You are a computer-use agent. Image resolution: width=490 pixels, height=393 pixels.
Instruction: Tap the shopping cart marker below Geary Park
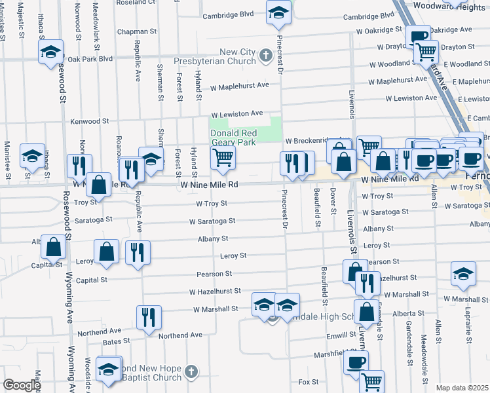pos(223,158)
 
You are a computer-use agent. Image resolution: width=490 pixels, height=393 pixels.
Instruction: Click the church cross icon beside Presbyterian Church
pos(266,56)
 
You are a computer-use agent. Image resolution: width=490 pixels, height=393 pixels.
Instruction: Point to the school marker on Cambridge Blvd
pos(279,12)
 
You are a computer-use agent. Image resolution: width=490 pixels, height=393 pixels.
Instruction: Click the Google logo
pos(22,385)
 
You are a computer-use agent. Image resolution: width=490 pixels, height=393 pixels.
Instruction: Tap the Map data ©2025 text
pos(462,388)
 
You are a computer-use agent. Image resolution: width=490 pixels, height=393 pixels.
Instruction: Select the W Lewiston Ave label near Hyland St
pos(236,113)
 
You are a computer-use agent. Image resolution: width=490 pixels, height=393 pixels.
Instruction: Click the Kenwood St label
pos(89,121)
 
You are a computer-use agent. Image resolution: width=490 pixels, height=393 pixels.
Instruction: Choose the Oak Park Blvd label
pos(90,58)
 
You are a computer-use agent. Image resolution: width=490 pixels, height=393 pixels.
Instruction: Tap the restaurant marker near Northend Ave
pos(149,318)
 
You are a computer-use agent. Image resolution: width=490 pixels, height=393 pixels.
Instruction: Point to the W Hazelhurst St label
pos(216,291)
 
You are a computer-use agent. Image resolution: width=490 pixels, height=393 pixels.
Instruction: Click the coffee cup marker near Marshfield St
pos(356,362)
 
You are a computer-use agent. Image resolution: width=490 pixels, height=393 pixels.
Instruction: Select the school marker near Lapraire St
pos(463,273)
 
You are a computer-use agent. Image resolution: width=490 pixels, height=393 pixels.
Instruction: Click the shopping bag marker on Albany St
pos(54,247)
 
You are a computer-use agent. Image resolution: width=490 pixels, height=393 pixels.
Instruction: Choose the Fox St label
pos(309,381)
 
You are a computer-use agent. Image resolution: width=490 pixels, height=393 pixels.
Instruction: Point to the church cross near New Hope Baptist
pos(191,372)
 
